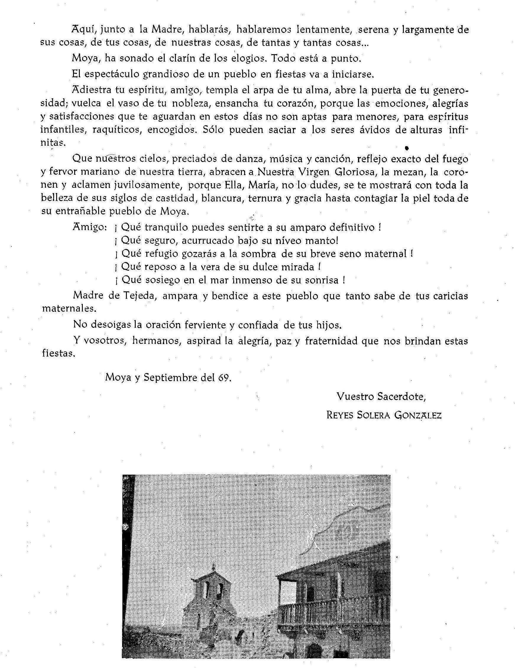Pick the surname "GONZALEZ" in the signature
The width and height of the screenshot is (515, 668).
[x=418, y=415]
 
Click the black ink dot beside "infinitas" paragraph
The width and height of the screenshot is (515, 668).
[x=407, y=148]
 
